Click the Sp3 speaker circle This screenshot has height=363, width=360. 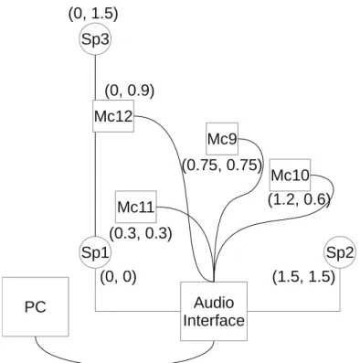pos(95,39)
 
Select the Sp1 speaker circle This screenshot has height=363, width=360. pos(95,252)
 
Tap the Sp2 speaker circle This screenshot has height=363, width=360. pos(340,252)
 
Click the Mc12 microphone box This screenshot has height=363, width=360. pos(113,116)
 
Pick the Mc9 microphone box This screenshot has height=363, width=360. pos(222,139)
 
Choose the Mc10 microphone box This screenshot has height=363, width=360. pos(291,175)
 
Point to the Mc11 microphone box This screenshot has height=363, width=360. pos(136,207)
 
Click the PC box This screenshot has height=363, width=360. pos(36,307)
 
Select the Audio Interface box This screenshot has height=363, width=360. pos(214,311)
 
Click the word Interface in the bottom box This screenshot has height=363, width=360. pos(214,321)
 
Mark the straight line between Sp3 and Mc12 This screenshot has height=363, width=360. pos(95,78)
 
